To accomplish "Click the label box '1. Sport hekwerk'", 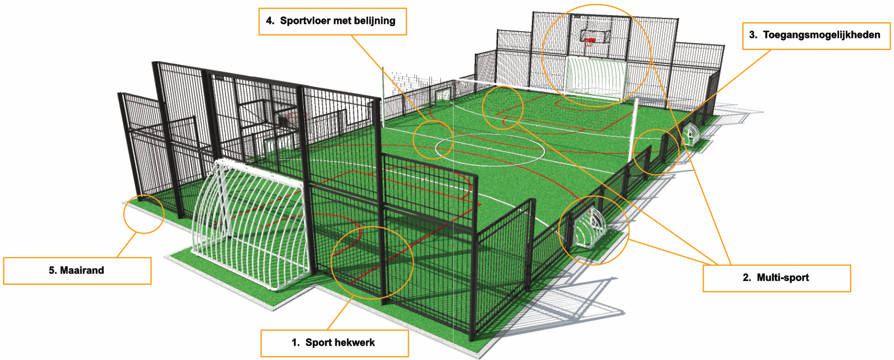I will click(334, 343).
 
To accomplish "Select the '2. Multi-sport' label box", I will click(776, 278).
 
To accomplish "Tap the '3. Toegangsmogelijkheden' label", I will click(816, 35).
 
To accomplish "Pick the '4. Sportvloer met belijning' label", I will click(332, 21).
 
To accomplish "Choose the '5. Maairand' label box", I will click(77, 271).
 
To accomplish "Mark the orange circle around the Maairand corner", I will click(144, 213).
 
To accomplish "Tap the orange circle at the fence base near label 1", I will click(372, 262).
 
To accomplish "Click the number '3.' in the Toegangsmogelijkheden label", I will click(753, 35).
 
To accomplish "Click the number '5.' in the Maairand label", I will click(53, 271).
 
